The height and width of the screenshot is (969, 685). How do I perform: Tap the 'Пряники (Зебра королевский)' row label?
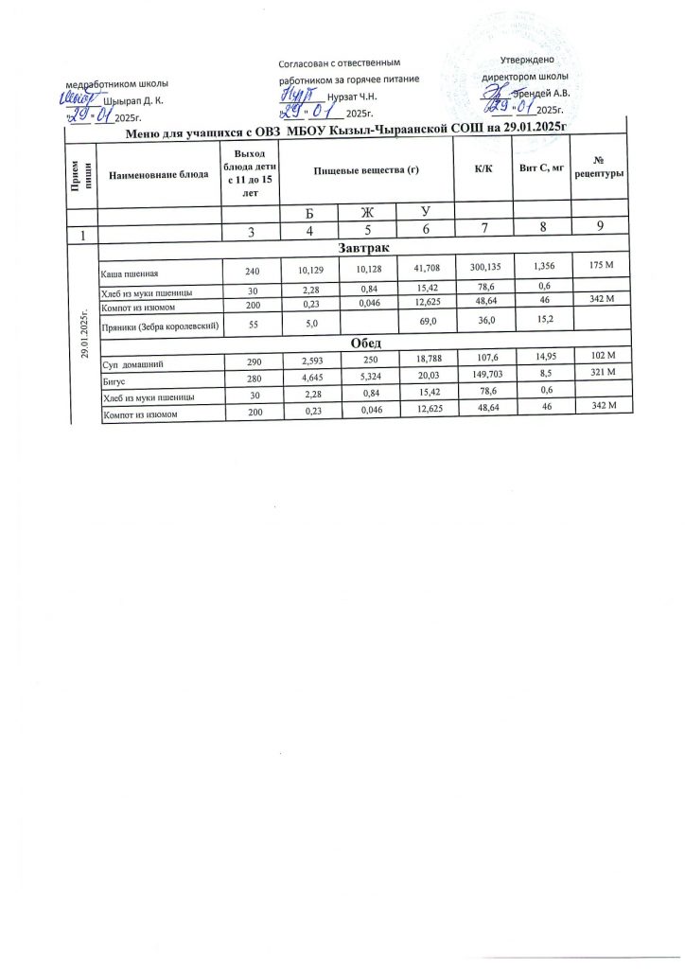tap(161, 325)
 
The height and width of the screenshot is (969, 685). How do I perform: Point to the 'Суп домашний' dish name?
tap(132, 364)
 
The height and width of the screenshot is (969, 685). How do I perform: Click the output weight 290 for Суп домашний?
tap(252, 363)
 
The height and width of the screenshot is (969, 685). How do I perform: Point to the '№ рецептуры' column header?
tap(599, 167)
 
